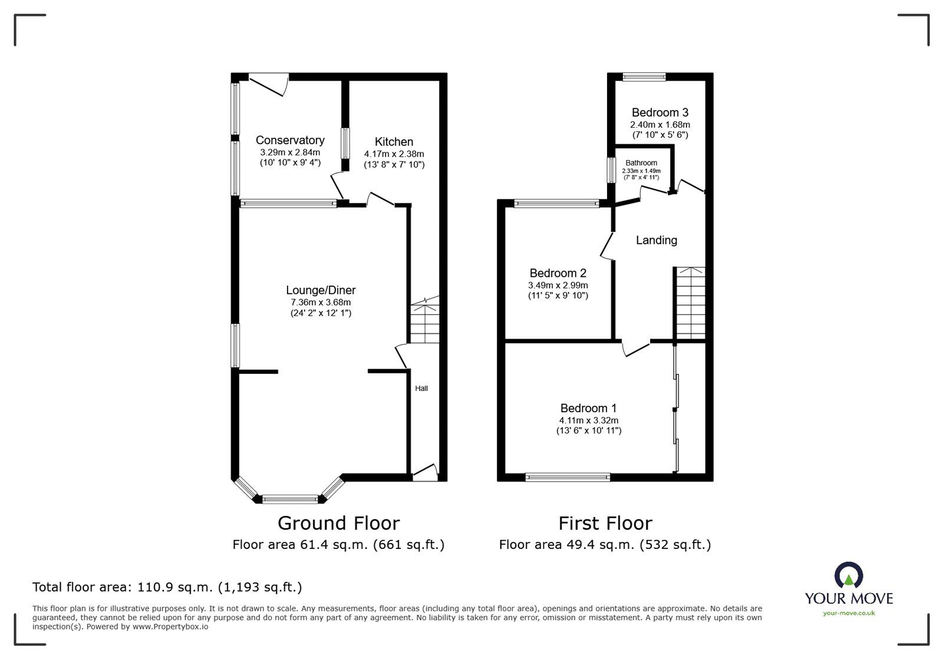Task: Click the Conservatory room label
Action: (x=289, y=140)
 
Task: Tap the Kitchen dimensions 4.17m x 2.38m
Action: (x=394, y=154)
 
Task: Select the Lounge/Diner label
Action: (x=321, y=290)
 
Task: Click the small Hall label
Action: (x=421, y=389)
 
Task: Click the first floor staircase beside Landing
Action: (x=690, y=303)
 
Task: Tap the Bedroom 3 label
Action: (x=660, y=112)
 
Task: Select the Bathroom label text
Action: (x=641, y=163)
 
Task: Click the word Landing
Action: (x=656, y=240)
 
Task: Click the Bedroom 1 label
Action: (x=588, y=408)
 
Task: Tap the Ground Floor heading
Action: (x=338, y=523)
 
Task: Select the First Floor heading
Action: (x=605, y=523)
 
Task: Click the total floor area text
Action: (x=167, y=587)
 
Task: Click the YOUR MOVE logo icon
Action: (x=848, y=575)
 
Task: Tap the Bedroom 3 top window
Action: (x=645, y=76)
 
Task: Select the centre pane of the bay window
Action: (x=289, y=499)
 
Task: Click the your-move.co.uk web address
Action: (x=849, y=613)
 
